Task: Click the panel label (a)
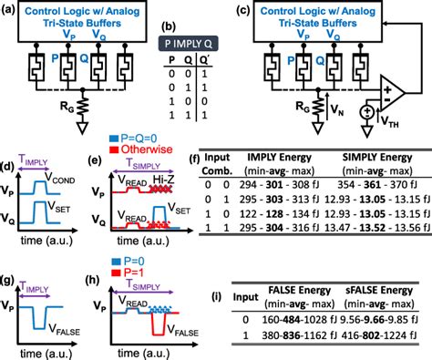[x=10, y=9]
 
